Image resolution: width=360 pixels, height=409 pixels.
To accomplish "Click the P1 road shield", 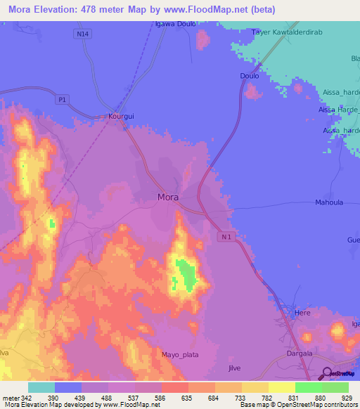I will (x=62, y=100).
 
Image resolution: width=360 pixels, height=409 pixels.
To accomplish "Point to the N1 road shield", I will (x=226, y=238).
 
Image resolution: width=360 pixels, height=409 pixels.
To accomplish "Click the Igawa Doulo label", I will (x=175, y=24).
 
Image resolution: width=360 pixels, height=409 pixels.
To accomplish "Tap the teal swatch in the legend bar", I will (x=41, y=387).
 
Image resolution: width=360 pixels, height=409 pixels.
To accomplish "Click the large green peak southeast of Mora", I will (x=186, y=275).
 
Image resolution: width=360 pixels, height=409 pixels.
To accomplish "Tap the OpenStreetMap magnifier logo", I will (x=328, y=373).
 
